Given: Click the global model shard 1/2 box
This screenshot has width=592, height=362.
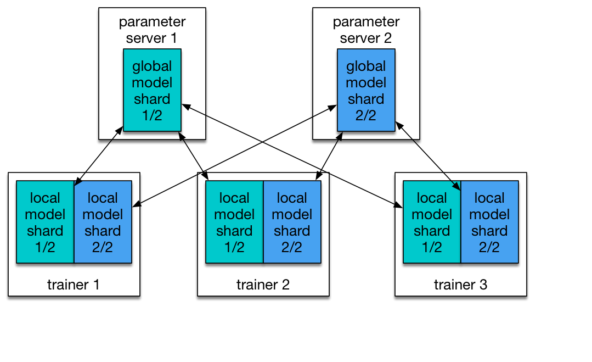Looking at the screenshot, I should pos(152,90).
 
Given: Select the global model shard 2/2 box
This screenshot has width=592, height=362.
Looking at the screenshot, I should pos(366,90).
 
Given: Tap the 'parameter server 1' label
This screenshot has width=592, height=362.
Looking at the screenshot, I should pos(152,30).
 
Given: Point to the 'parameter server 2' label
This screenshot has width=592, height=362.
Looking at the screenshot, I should pos(366,30).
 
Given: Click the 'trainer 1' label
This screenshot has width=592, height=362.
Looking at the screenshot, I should pos(74,285).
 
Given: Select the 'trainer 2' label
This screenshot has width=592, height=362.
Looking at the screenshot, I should pos(263,285).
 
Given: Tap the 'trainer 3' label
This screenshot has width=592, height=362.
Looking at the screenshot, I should pos(460,285).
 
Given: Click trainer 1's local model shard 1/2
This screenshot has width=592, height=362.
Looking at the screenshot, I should pos(45,222).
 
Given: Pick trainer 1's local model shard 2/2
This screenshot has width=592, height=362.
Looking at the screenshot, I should pos(103,222).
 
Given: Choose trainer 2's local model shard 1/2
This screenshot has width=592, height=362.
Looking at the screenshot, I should pos(234,222).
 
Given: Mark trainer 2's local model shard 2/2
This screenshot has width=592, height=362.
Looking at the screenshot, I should pos(292,222).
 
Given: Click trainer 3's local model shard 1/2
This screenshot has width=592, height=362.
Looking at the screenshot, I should pos(432,222).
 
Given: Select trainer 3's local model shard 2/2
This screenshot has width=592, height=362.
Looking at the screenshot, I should pos(489,222).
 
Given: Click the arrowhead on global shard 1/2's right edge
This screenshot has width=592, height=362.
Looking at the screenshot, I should pos(185,106).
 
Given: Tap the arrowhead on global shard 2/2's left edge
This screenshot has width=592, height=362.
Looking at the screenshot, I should pos(334,108).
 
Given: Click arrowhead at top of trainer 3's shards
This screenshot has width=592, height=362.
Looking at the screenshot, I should pos(457,186).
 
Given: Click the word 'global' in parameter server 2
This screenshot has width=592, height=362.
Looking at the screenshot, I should pos(366,66).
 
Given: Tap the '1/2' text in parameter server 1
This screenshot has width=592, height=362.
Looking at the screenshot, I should pos(152,115).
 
